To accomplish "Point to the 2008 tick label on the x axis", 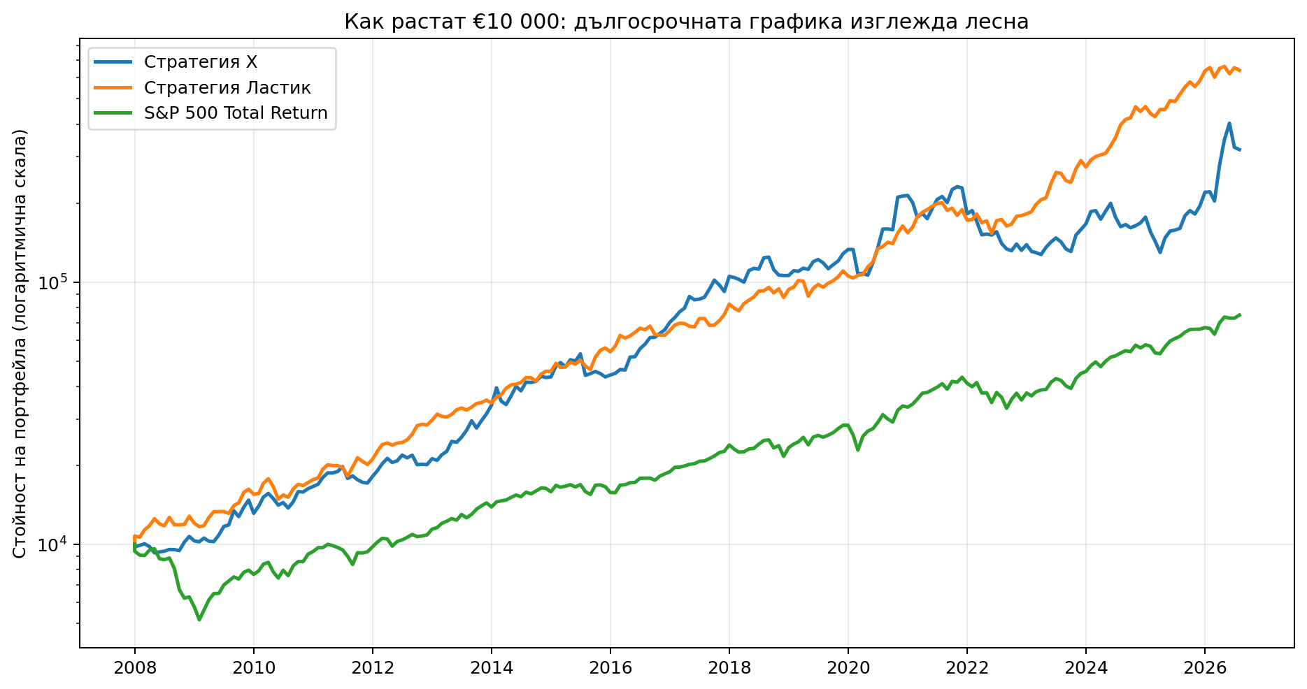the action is click(x=135, y=667).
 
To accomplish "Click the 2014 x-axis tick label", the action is click(x=492, y=667).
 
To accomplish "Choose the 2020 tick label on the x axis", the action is click(x=848, y=667).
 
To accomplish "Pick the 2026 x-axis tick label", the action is click(x=1205, y=667).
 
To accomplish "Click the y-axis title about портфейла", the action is click(x=20, y=344).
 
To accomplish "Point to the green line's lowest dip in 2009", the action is click(x=199, y=620).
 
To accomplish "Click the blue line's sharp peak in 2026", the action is click(x=1229, y=124).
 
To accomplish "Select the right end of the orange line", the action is click(x=1240, y=71).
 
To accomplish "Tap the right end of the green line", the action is click(x=1240, y=315).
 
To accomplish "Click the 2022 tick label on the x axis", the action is click(x=967, y=667).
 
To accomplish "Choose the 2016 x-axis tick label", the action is click(x=610, y=667).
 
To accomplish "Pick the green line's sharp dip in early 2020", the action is click(x=858, y=450).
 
